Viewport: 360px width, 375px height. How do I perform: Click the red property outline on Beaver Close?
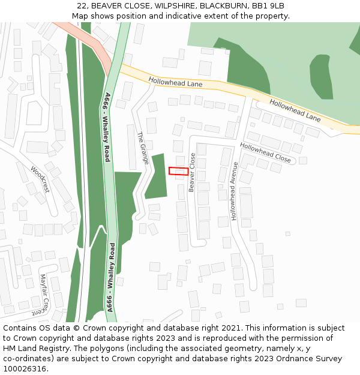point(178,171)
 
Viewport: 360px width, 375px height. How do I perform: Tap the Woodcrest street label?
point(40,179)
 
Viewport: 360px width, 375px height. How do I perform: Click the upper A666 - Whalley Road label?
point(107,127)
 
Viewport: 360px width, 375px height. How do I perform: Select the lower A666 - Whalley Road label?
point(112,277)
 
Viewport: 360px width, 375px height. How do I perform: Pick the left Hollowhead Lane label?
point(176,83)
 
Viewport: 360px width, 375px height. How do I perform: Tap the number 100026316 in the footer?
point(25,369)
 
